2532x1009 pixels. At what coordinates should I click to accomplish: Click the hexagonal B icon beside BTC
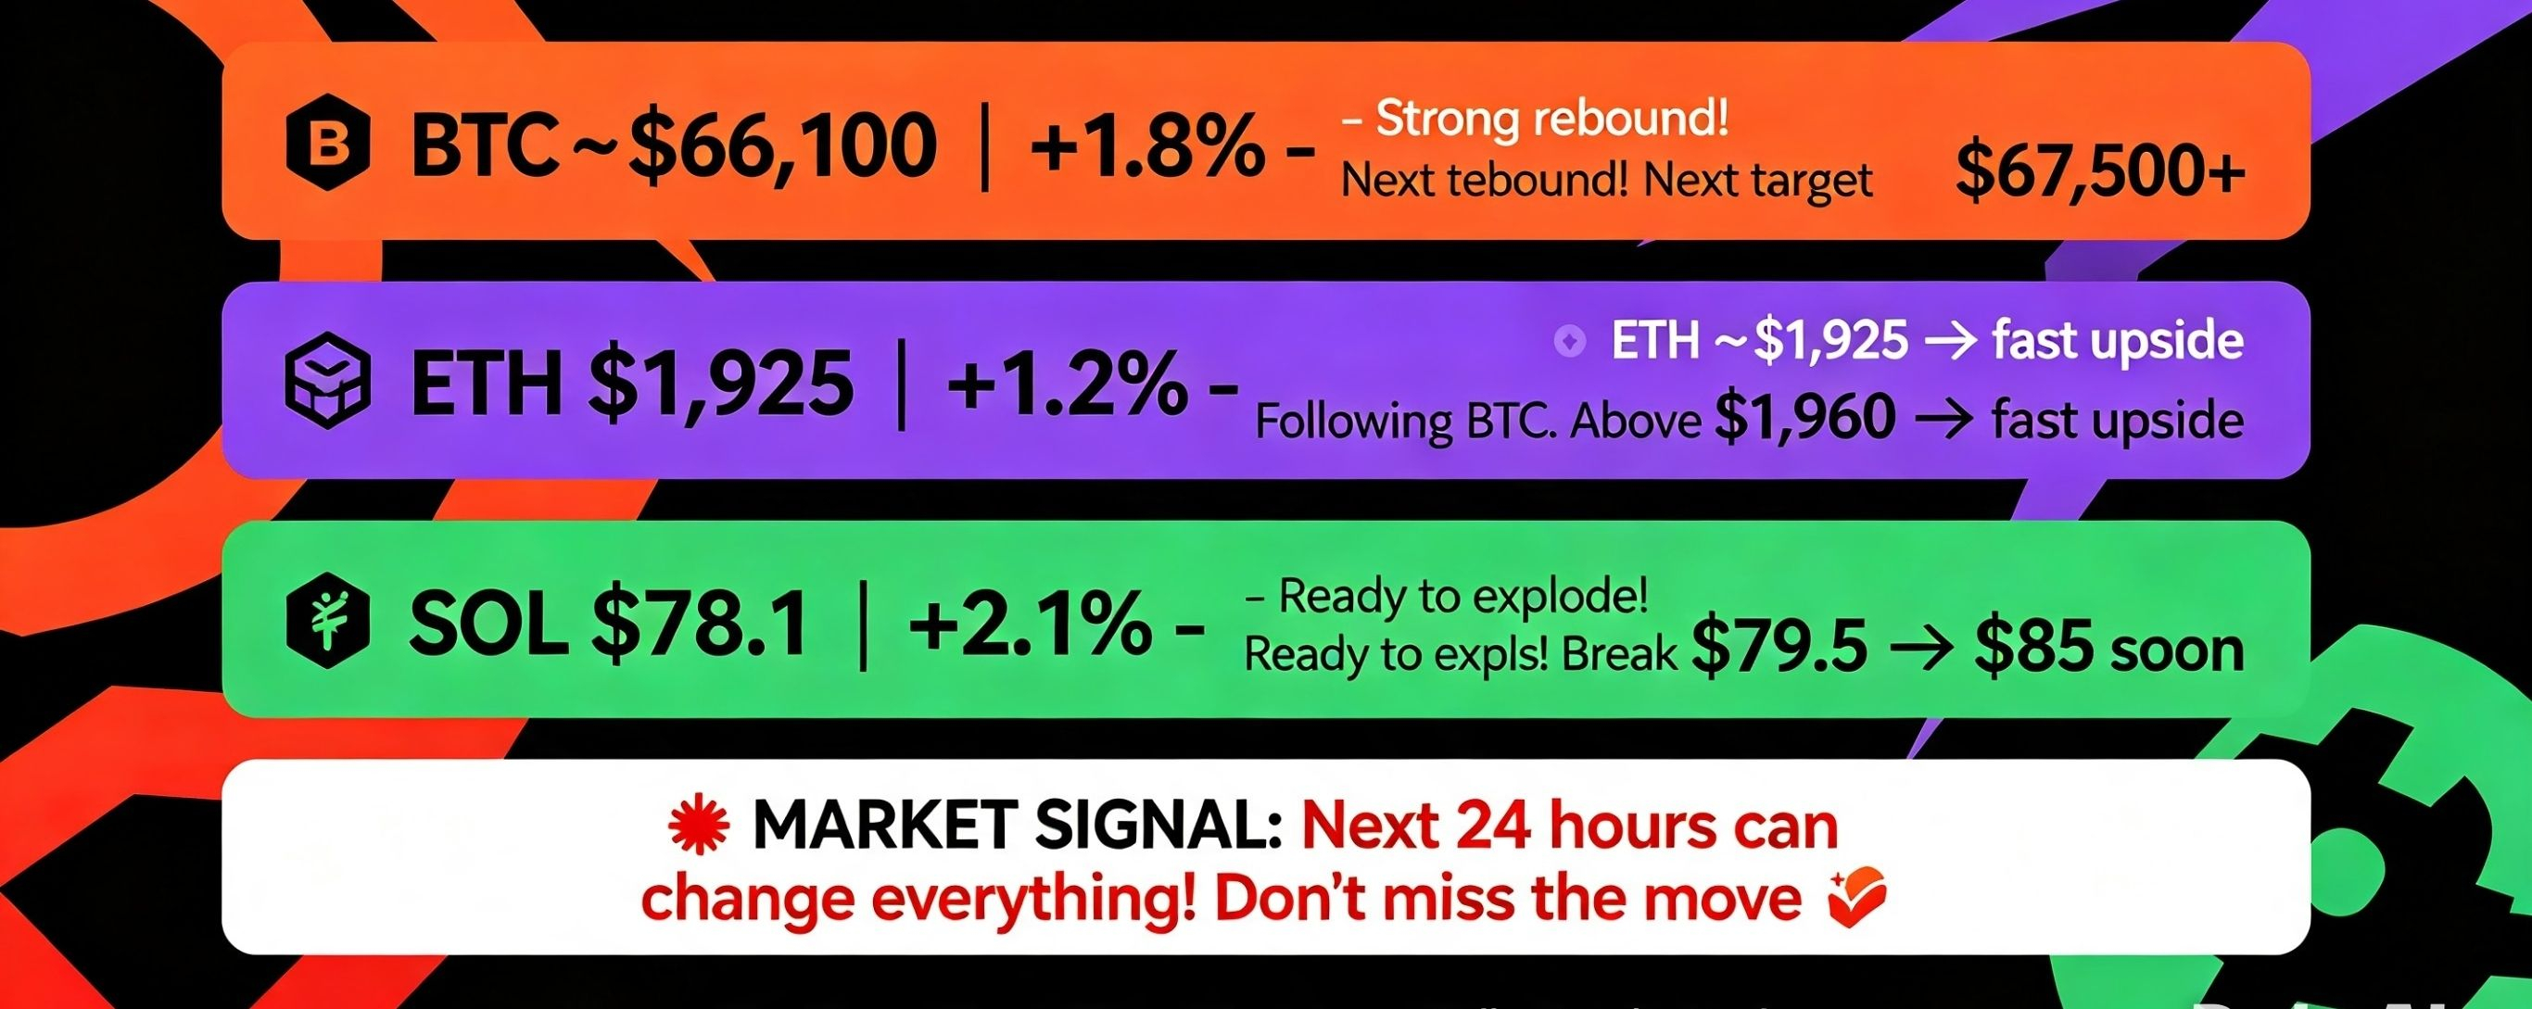point(327,146)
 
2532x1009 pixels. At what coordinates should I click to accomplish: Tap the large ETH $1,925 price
point(720,385)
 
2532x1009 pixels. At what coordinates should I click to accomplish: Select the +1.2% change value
point(1066,385)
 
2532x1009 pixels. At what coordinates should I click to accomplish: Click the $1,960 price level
point(1804,419)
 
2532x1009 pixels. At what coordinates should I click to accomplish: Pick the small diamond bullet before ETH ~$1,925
point(1569,342)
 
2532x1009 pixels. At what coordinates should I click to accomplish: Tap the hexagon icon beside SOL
point(327,621)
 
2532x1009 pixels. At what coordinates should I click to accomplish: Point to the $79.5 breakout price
point(1779,650)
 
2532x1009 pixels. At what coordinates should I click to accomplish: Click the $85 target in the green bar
point(2029,650)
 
